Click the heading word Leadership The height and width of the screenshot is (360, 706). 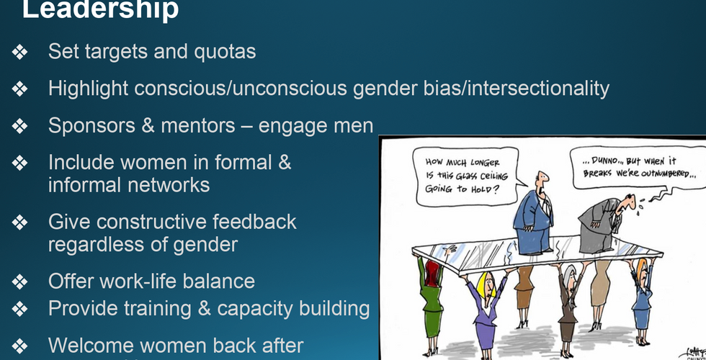pyautogui.click(x=100, y=9)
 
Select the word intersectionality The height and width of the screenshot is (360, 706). pyautogui.click(x=539, y=88)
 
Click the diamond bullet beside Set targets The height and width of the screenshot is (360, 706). pyautogui.click(x=20, y=52)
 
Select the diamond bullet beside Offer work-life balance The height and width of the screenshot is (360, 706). pyautogui.click(x=20, y=282)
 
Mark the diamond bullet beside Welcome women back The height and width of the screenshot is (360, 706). pyautogui.click(x=20, y=346)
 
